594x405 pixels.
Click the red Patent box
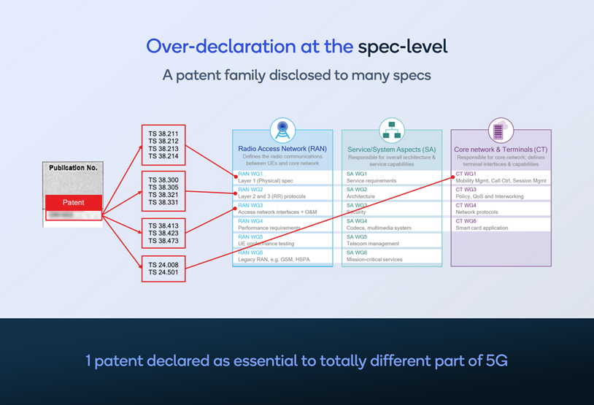point(73,202)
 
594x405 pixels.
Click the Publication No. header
point(73,168)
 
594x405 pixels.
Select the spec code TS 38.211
point(163,134)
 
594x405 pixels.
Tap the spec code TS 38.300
point(163,179)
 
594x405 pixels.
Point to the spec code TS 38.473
point(163,241)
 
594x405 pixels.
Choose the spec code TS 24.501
point(163,273)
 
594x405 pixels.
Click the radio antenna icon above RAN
point(282,131)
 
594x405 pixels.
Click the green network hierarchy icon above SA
point(392,131)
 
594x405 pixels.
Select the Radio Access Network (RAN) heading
point(282,149)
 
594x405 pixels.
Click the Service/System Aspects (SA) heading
point(392,150)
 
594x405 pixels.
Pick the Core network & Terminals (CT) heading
point(501,150)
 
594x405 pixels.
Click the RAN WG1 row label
point(250,174)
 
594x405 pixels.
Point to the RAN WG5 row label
point(250,237)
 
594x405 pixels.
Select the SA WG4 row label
point(358,221)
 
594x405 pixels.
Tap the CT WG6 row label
point(466,221)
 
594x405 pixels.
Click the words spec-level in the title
point(402,47)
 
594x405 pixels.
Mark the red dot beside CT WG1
point(453,177)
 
